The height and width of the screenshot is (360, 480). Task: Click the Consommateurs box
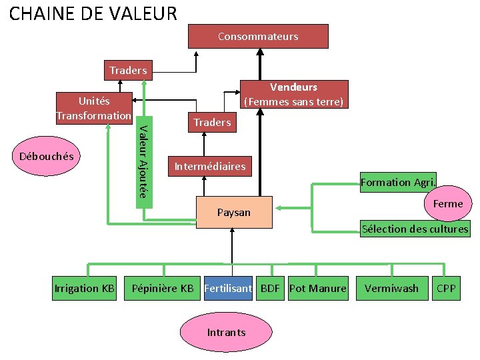pyautogui.click(x=258, y=36)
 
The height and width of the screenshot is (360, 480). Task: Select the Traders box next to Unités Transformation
pyautogui.click(x=128, y=70)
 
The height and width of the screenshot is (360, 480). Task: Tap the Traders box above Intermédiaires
pyautogui.click(x=212, y=122)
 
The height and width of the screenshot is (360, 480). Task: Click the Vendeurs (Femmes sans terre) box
pyautogui.click(x=293, y=94)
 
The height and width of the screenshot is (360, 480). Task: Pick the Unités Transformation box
pyautogui.click(x=94, y=107)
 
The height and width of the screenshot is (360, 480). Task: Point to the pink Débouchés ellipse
pyautogui.click(x=46, y=157)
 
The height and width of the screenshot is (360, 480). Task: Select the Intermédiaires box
pyautogui.click(x=209, y=166)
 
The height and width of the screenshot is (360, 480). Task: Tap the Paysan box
pyautogui.click(x=234, y=213)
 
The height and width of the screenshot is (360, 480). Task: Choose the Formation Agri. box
pyautogui.click(x=398, y=182)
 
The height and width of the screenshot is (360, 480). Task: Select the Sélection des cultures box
pyautogui.click(x=415, y=229)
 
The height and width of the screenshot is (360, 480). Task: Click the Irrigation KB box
pyautogui.click(x=85, y=288)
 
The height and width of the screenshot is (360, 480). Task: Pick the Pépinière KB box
pyautogui.click(x=163, y=288)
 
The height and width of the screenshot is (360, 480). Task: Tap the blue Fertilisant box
pyautogui.click(x=228, y=288)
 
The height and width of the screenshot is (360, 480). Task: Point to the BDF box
pyautogui.click(x=270, y=288)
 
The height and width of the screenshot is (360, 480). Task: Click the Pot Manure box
pyautogui.click(x=318, y=288)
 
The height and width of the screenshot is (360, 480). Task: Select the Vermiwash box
pyautogui.click(x=391, y=288)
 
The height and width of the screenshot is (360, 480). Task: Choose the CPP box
pyautogui.click(x=446, y=288)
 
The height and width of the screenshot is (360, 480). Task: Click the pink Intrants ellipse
pyautogui.click(x=226, y=332)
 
